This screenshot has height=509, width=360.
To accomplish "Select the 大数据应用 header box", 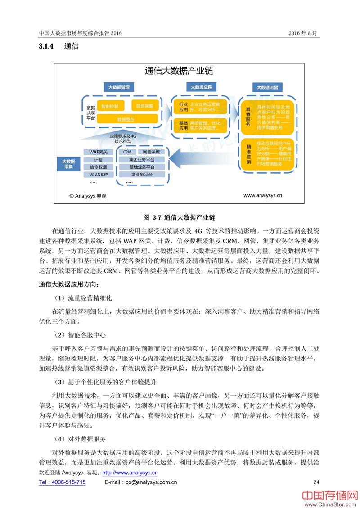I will [x=201, y=87].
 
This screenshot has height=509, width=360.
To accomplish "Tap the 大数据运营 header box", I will [x=267, y=87].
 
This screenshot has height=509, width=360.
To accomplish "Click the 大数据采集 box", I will [x=68, y=163].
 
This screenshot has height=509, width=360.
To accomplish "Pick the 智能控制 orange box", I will [x=110, y=107].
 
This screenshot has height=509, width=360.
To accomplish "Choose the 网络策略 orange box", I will [x=144, y=107].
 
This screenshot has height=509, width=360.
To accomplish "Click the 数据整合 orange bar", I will [x=127, y=119].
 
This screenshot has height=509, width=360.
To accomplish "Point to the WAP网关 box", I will [x=99, y=152].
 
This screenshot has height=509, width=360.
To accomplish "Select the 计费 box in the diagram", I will [x=99, y=160].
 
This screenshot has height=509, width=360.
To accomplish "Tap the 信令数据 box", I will [x=99, y=167].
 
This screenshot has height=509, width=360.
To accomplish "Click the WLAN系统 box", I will [x=99, y=174].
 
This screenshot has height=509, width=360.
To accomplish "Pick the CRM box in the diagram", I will [x=127, y=152].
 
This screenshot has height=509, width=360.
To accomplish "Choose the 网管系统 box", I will [x=151, y=152].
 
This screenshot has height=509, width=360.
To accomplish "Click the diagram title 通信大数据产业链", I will [x=179, y=71].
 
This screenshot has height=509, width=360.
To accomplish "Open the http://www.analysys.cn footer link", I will [x=130, y=473].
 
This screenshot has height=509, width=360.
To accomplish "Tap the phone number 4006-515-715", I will [x=62, y=482].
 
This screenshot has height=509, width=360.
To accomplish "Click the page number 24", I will [x=316, y=482].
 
